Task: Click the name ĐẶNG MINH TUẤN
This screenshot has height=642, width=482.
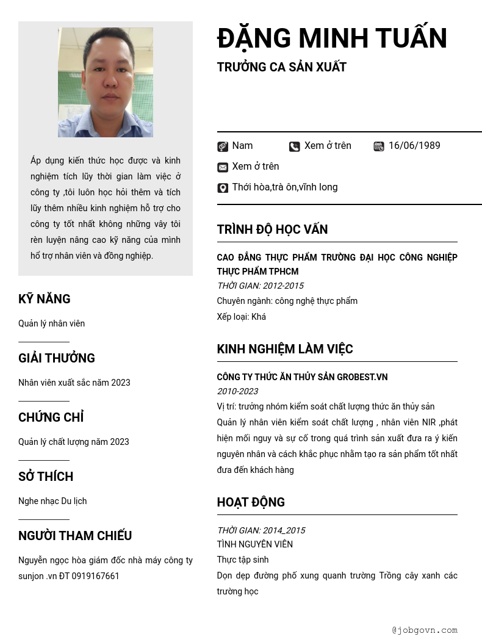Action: (332, 38)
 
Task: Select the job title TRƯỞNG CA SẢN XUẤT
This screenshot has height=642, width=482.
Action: (281, 67)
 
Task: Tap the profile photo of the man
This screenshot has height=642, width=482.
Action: (106, 82)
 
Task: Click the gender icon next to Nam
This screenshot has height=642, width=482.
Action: (223, 146)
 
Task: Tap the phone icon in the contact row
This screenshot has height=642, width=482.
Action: (295, 146)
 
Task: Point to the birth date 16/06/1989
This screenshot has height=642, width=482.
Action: (414, 146)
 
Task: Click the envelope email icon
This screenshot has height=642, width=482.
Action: (223, 167)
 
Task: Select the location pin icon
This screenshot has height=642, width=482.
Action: (223, 188)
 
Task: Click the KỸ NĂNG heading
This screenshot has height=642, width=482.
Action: (45, 299)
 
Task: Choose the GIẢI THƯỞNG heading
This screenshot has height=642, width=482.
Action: (57, 358)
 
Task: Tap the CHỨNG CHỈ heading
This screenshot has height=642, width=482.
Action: (51, 417)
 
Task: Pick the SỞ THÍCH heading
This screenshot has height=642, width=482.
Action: (46, 477)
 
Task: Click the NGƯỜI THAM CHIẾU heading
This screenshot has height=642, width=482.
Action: (75, 536)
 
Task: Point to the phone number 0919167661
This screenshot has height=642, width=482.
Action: (96, 576)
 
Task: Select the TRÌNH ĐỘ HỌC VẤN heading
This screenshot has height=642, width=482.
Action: (272, 229)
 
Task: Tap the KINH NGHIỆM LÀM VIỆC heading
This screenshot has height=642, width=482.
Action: (285, 349)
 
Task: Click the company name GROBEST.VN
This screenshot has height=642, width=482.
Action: (362, 377)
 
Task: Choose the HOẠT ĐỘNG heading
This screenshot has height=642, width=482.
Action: (251, 502)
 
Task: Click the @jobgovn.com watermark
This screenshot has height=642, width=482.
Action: (425, 630)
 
